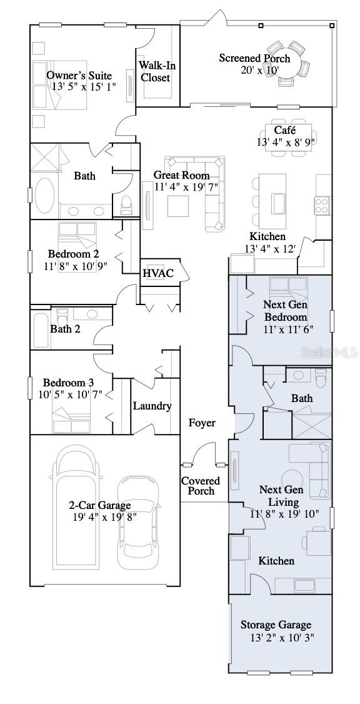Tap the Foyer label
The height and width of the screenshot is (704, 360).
[202, 423]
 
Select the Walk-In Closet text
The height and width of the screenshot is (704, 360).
[155, 71]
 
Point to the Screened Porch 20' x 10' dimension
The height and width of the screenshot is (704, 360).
[254, 70]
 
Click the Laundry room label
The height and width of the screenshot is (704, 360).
[152, 406]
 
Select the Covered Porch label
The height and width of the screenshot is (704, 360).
[201, 486]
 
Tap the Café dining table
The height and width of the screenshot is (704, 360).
[286, 136]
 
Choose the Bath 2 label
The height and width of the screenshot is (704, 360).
[65, 329]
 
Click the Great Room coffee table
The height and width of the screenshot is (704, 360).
[177, 206]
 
